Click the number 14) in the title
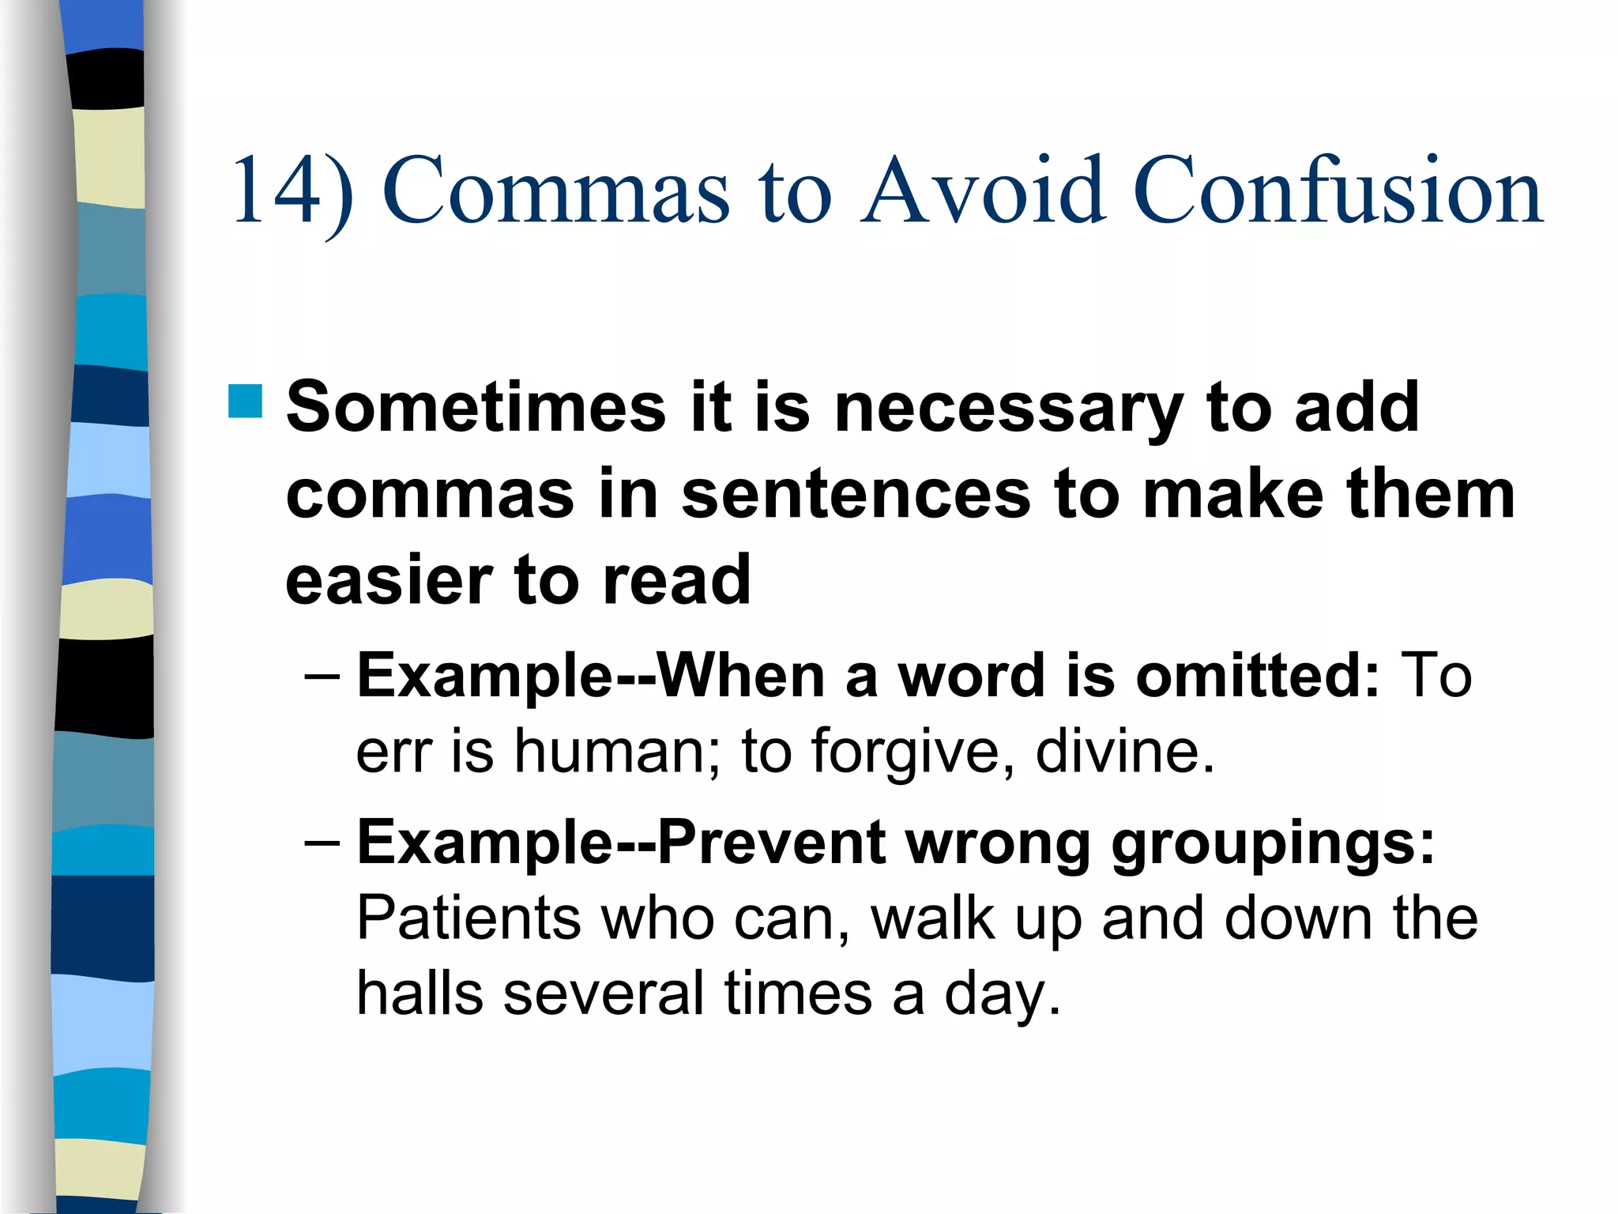(x=292, y=192)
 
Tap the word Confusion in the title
(x=1338, y=192)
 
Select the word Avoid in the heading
(x=984, y=192)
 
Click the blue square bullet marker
(x=245, y=401)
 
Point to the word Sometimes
(x=476, y=408)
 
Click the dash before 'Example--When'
(x=322, y=677)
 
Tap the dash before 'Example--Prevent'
(x=322, y=843)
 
